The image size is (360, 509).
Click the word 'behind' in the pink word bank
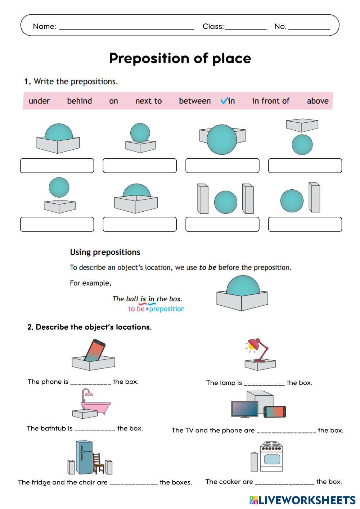(79, 101)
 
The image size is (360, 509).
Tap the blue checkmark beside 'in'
(224, 101)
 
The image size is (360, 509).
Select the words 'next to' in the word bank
(148, 101)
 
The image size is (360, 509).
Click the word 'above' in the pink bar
(318, 101)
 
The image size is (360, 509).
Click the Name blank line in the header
(126, 27)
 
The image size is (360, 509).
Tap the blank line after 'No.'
(309, 27)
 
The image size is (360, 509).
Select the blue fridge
(84, 458)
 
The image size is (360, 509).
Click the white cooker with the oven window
(271, 457)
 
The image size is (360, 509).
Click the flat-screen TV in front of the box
(245, 409)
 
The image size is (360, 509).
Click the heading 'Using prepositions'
(105, 252)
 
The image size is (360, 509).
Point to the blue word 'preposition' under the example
(167, 309)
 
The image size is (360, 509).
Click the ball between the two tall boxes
(225, 202)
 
